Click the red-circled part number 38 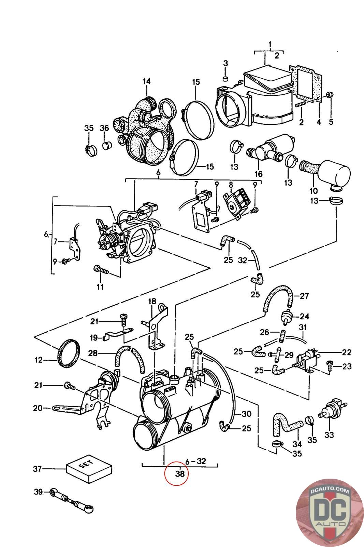[x=180, y=473]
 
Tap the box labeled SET [x=89, y=469]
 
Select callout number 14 [x=147, y=81]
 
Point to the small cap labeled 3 [x=226, y=79]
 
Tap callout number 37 [x=38, y=469]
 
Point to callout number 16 [x=259, y=174]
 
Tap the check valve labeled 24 [x=286, y=317]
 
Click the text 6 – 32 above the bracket [x=195, y=461]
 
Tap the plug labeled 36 [x=106, y=145]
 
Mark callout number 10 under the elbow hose [x=313, y=190]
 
